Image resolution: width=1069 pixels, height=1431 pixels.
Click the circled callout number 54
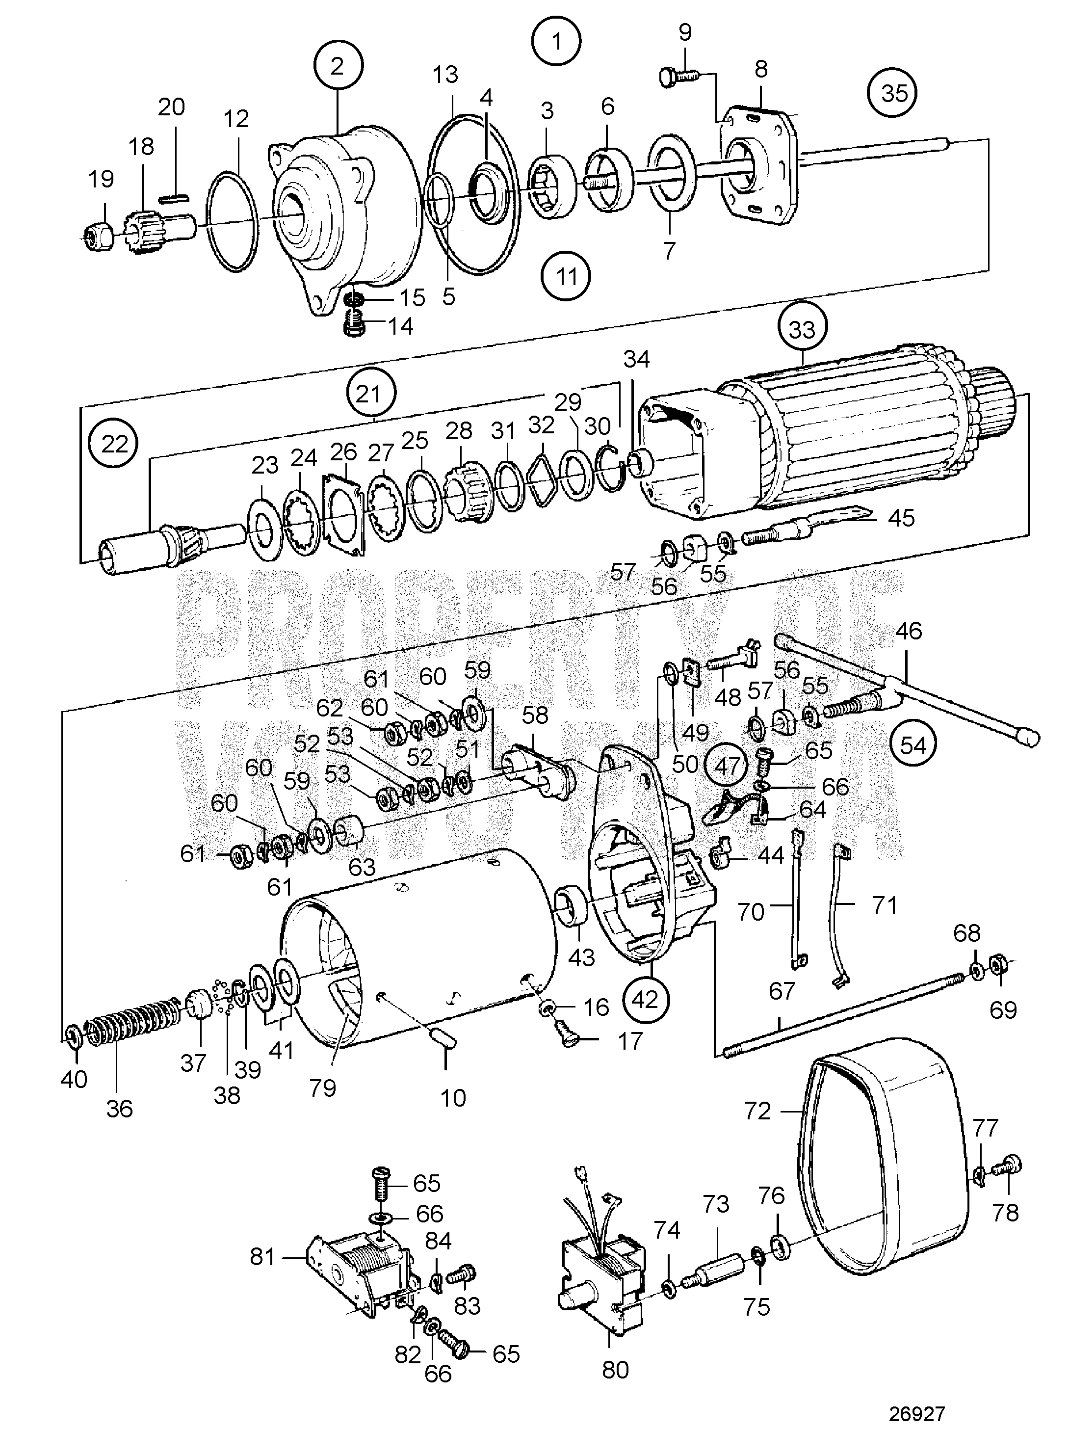coord(913,746)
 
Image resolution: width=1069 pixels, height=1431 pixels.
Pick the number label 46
coord(909,631)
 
